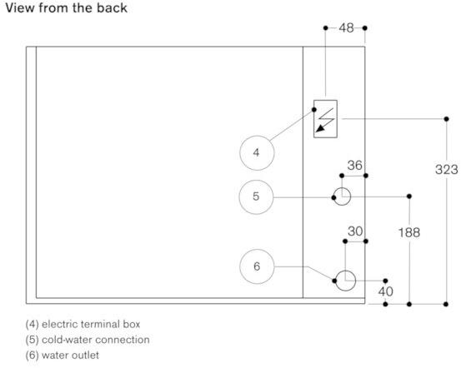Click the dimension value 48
coord(346,28)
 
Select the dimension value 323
coord(446,170)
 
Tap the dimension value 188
coord(409,232)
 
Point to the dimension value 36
coord(354,166)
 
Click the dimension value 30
coord(355,231)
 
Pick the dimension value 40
coord(385,291)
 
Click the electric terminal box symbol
coord(325,119)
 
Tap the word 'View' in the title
coord(20,8)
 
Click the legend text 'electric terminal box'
coord(91,324)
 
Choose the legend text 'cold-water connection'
coord(96,340)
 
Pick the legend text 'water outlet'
coord(70,356)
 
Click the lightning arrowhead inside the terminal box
coord(320,128)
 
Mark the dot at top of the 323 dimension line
coord(446,119)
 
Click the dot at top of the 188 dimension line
coord(409,196)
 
